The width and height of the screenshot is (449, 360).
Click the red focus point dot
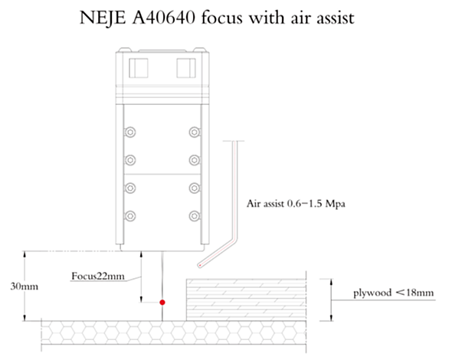click(x=162, y=303)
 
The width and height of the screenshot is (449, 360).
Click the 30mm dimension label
click(x=25, y=286)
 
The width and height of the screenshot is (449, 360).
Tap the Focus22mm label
click(x=98, y=277)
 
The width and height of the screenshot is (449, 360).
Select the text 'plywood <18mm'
click(x=393, y=293)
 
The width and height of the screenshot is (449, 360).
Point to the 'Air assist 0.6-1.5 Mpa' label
click(x=296, y=204)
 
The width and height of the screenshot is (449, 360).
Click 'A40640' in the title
click(x=164, y=18)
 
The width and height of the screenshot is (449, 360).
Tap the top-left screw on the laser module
click(x=130, y=133)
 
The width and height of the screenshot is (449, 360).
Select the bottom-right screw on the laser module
click(x=195, y=216)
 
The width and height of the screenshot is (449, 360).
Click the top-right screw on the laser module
click(x=195, y=133)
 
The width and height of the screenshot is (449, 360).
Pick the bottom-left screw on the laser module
click(x=130, y=216)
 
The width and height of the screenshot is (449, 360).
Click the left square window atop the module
click(x=139, y=68)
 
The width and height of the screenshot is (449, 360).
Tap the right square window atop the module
click(x=186, y=68)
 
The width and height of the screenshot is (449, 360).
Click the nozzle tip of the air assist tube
click(x=200, y=265)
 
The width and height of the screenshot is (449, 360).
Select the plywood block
click(x=246, y=300)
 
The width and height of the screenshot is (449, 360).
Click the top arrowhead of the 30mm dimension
click(x=25, y=254)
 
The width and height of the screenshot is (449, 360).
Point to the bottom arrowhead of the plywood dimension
click(x=331, y=317)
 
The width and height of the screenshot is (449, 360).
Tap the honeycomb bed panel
click(x=174, y=332)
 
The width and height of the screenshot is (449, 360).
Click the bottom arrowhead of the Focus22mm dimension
click(x=141, y=299)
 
